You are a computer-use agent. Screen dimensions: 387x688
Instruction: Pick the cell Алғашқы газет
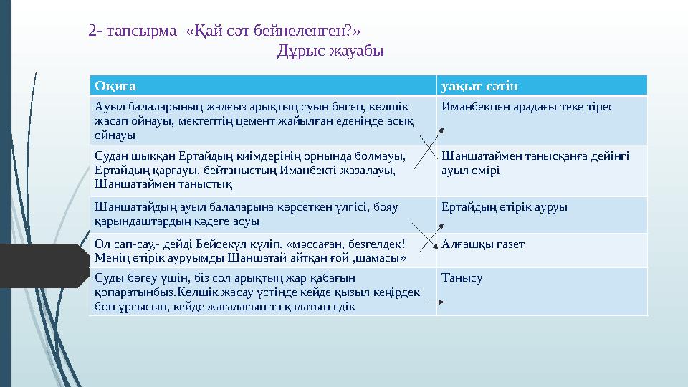[x=483, y=244]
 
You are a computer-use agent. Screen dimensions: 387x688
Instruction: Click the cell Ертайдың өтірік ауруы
[x=505, y=207]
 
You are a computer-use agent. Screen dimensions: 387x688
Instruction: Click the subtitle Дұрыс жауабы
[x=330, y=52]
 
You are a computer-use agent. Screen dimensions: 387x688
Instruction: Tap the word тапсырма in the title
[x=143, y=31]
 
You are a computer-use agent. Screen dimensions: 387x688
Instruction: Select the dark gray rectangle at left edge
[x=43, y=266]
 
